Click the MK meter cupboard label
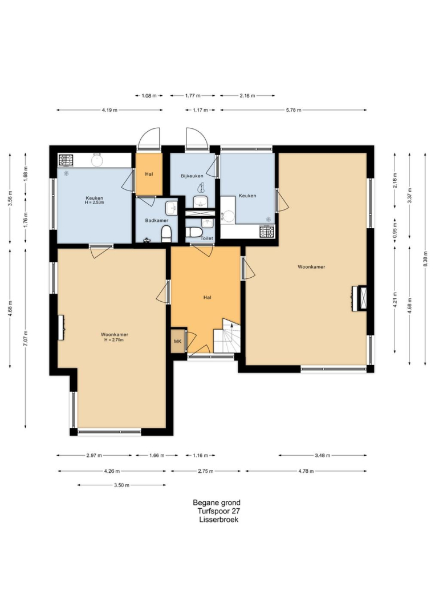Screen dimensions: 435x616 [177, 342]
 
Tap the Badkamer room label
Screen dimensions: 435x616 [157, 220]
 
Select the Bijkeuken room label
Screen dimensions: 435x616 [192, 176]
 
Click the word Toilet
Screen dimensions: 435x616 [207, 238]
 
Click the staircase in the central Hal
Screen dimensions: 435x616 [226, 336]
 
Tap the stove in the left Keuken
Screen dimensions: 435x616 [66, 160]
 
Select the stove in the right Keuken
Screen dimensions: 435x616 [267, 232]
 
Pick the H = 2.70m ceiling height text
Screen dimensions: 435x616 [114, 340]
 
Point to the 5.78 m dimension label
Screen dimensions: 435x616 [294, 110]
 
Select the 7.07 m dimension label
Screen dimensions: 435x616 [26, 338]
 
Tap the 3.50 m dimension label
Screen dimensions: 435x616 [121, 485]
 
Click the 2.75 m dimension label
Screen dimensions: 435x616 [206, 471]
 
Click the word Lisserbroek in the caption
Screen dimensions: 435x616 [219, 520]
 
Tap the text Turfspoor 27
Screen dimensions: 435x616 [219, 511]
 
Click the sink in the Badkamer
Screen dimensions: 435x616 [171, 208]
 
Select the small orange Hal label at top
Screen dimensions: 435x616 [149, 174]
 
